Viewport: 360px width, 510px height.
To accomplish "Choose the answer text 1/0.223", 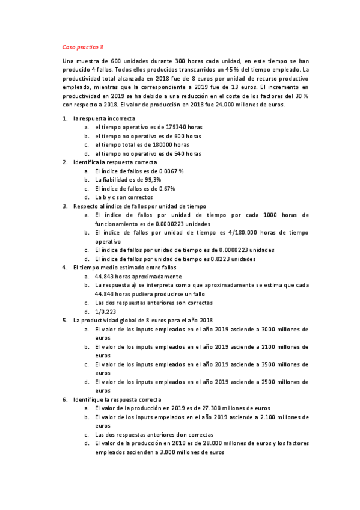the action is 104,312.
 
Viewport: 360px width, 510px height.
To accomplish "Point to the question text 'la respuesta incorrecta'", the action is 103,118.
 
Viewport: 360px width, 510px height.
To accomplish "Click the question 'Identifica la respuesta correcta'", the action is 115,162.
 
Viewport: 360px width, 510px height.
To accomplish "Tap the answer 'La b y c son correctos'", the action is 124,197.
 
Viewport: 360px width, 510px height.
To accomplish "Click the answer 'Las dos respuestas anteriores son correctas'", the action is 158,303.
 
